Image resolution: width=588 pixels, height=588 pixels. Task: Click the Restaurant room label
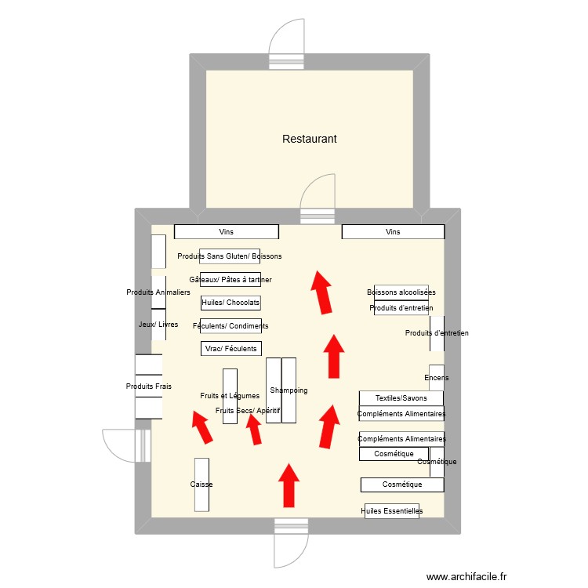tap(309, 139)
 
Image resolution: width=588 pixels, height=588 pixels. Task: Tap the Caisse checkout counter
tap(201, 485)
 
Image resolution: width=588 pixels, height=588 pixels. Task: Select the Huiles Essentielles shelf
tap(393, 511)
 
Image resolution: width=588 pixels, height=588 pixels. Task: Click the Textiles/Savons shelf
tap(401, 398)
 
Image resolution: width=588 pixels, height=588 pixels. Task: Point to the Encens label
tap(437, 378)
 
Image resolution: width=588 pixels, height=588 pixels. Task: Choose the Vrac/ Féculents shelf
tap(230, 348)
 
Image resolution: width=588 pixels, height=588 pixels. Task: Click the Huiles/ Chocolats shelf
tap(230, 303)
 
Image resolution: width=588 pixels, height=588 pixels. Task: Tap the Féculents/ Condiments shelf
tap(230, 325)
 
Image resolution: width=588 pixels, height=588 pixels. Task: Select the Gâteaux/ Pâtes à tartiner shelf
tap(230, 279)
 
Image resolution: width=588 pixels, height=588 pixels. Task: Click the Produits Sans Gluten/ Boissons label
tap(229, 256)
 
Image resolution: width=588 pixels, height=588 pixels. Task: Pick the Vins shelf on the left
tap(226, 232)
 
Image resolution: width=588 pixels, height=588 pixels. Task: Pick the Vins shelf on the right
tap(393, 232)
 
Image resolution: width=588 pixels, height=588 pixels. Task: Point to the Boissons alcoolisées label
tap(401, 292)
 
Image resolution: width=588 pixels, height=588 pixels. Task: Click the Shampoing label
tap(289, 390)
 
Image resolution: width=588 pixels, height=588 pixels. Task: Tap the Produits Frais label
tap(148, 387)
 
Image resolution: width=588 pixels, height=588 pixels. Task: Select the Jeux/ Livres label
tap(158, 325)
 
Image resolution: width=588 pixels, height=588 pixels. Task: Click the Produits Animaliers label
tap(158, 292)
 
